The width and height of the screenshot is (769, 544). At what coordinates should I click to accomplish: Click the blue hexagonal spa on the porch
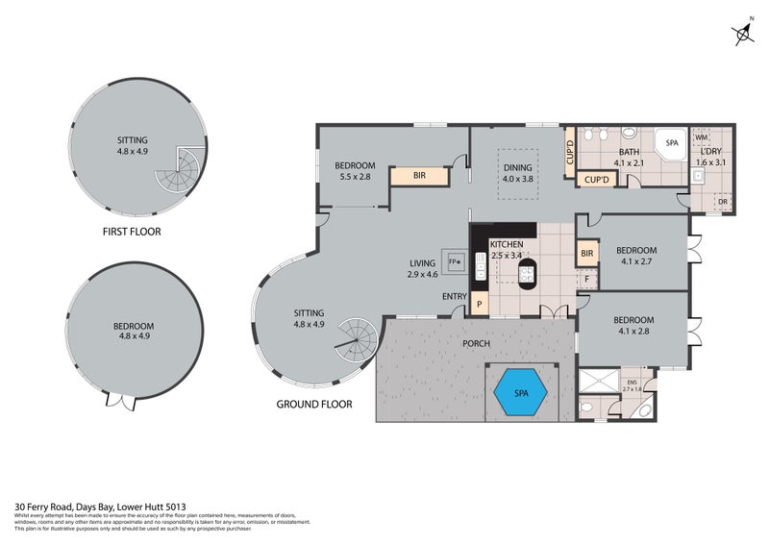point(520,393)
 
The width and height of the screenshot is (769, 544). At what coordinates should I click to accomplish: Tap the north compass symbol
point(743,35)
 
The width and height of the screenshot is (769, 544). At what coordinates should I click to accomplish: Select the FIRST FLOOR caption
point(132,232)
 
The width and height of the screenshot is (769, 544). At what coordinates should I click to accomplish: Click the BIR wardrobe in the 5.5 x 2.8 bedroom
point(420,176)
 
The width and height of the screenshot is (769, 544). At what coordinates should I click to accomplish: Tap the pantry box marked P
point(479,305)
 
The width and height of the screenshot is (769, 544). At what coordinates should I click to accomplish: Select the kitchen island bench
point(527,276)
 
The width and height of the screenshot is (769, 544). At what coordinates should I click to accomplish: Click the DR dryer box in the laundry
point(723,202)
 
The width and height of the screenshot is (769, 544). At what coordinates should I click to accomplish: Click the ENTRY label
point(454,296)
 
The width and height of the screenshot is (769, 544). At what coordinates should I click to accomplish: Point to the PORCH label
point(476,343)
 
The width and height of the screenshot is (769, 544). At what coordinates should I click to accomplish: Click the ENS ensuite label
point(631,383)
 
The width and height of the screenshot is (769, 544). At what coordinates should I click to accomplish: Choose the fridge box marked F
point(586,279)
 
